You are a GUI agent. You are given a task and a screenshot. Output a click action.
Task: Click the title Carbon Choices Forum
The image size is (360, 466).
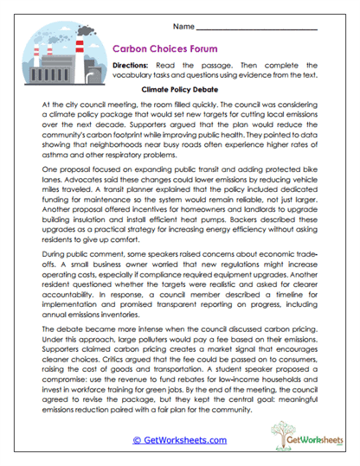click(166, 51)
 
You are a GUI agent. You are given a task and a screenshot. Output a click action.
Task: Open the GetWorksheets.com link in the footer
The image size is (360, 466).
click(180, 440)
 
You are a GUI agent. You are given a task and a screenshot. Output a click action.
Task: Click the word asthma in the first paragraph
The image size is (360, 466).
click(53, 151)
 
